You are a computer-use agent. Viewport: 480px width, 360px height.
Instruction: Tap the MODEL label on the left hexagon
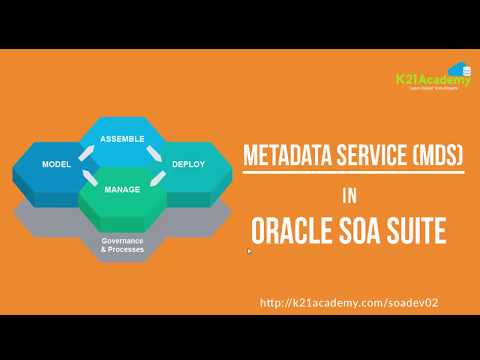click(x=55, y=163)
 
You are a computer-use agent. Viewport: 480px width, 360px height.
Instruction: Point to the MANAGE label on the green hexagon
click(x=122, y=187)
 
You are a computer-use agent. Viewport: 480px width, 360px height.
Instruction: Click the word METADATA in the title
click(x=281, y=156)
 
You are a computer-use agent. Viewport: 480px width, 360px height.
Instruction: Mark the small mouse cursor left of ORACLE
click(x=249, y=252)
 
